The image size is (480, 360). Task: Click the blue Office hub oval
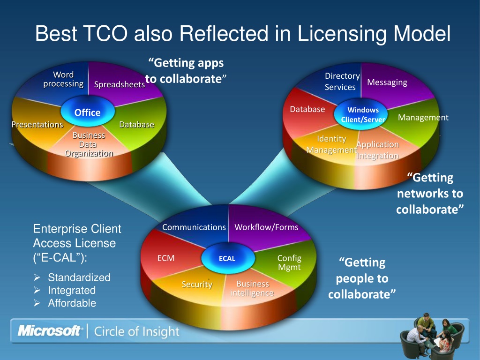[88, 112]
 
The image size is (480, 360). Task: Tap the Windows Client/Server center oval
[363, 114]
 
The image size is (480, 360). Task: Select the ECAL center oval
[227, 258]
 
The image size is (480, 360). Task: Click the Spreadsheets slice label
[120, 85]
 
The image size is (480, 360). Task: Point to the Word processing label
[63, 79]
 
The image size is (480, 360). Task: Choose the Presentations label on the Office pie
[37, 125]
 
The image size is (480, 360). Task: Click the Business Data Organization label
[89, 144]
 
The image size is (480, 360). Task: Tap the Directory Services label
[342, 82]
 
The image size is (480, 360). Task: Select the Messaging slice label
[387, 82]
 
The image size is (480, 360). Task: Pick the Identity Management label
[331, 144]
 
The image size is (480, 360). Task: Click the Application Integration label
[377, 150]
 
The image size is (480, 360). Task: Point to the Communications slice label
[194, 227]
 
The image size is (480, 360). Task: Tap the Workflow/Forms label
[266, 227]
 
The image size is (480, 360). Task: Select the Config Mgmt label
[289, 262]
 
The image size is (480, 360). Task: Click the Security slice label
[197, 285]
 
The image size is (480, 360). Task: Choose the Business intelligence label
[252, 289]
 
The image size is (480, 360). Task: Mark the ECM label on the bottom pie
[166, 258]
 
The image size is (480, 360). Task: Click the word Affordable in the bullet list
[72, 303]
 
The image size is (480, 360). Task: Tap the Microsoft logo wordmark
[50, 331]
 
